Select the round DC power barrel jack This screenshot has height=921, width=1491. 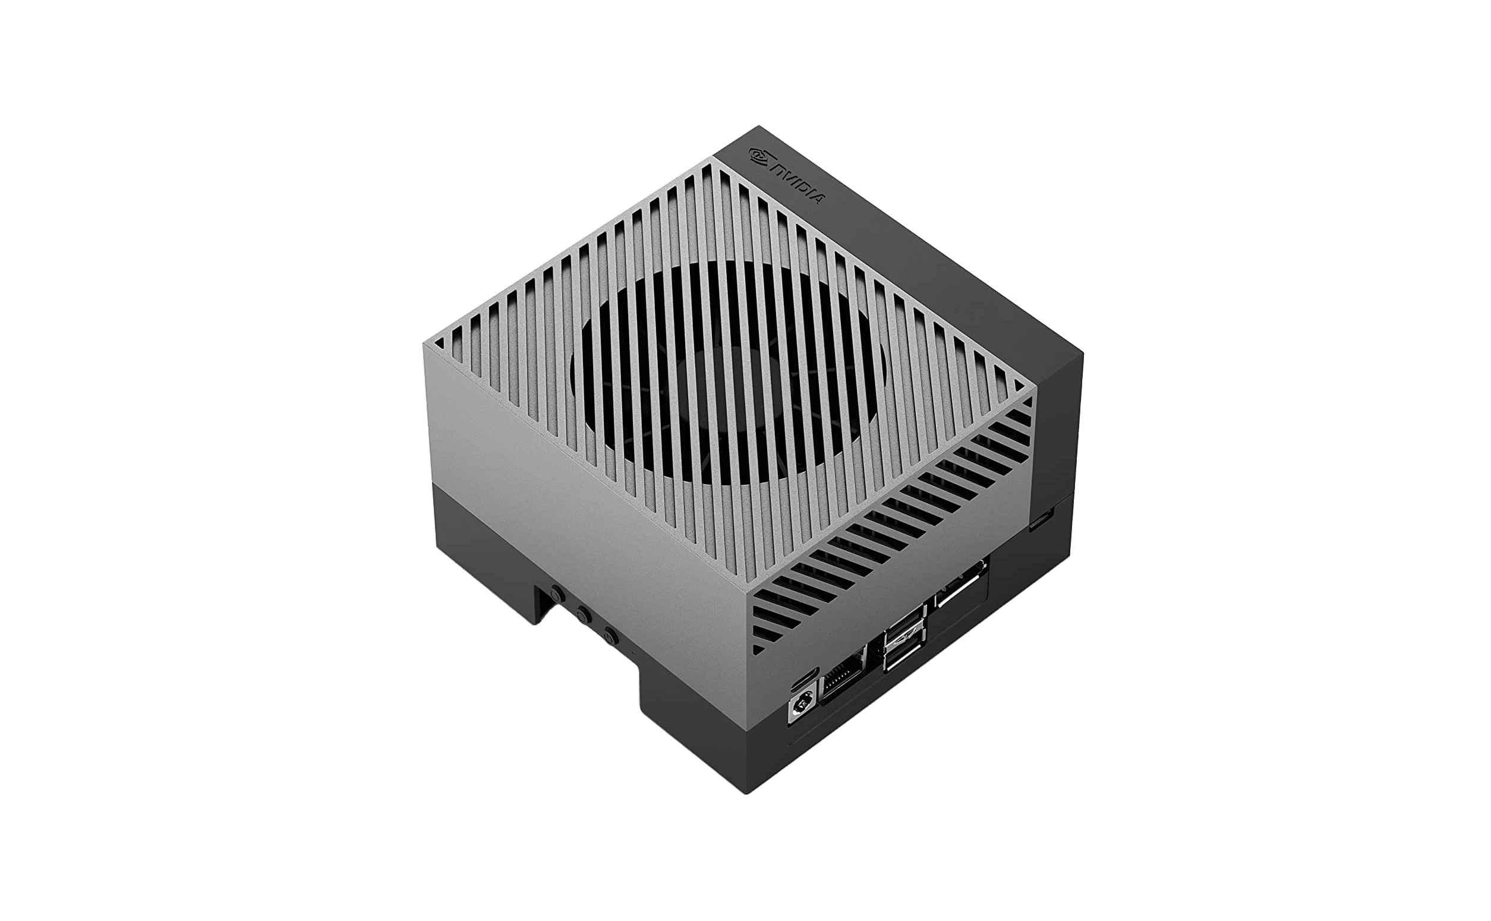pos(801,709)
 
